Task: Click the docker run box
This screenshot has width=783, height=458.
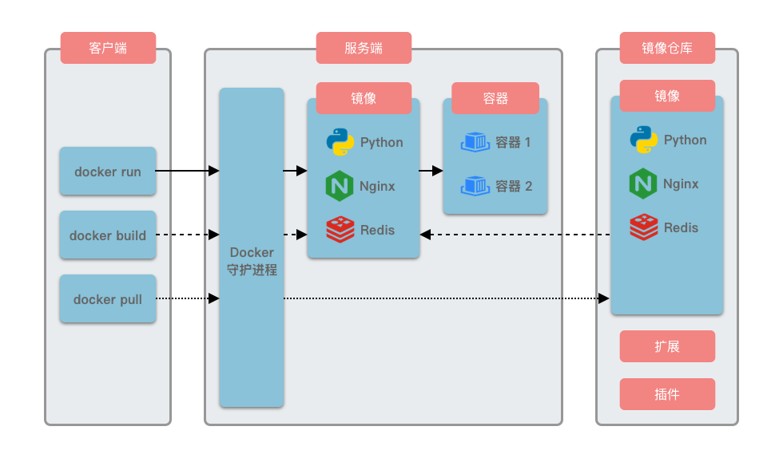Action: coord(108,172)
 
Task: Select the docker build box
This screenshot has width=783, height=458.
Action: coord(108,235)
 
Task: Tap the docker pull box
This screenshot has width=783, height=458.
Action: coord(108,299)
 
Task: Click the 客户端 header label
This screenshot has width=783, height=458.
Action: coord(108,48)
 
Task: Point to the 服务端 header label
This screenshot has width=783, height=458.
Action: coord(364,48)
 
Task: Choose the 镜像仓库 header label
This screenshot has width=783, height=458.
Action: coord(667,48)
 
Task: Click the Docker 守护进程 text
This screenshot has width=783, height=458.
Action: coord(252,262)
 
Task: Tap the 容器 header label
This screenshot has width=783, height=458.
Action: coord(495,98)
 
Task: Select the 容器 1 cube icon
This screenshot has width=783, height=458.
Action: coord(475,143)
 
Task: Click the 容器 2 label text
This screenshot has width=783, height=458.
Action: coord(514,187)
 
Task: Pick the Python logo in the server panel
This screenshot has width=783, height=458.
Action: coord(340,142)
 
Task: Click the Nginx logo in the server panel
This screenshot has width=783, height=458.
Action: coord(340,186)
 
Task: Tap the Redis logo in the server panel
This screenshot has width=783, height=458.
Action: coord(340,230)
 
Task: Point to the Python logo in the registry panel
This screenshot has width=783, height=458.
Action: coord(643,140)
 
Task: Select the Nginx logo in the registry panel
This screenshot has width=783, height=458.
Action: coord(643,184)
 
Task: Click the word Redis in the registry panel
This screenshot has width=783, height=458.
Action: coord(681,227)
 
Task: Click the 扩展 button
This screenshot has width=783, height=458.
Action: coord(667,347)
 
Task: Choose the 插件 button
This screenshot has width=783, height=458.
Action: coord(667,394)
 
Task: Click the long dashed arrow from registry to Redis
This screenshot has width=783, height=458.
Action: coord(515,235)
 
